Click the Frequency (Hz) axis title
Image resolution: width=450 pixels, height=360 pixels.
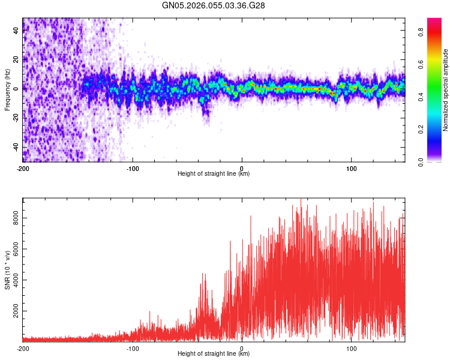coord(8,90)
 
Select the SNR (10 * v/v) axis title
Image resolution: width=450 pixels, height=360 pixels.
coord(8,270)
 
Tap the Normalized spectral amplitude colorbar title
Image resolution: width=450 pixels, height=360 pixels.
coord(446,90)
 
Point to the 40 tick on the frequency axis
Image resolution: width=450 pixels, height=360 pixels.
coord(16,30)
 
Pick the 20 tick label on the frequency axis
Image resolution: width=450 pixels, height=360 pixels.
coord(16,59)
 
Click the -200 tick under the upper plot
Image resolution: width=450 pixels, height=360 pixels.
coord(23,168)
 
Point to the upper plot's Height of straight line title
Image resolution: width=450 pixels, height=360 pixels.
coord(214,174)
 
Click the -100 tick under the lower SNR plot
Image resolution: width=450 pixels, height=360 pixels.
coord(133,348)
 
